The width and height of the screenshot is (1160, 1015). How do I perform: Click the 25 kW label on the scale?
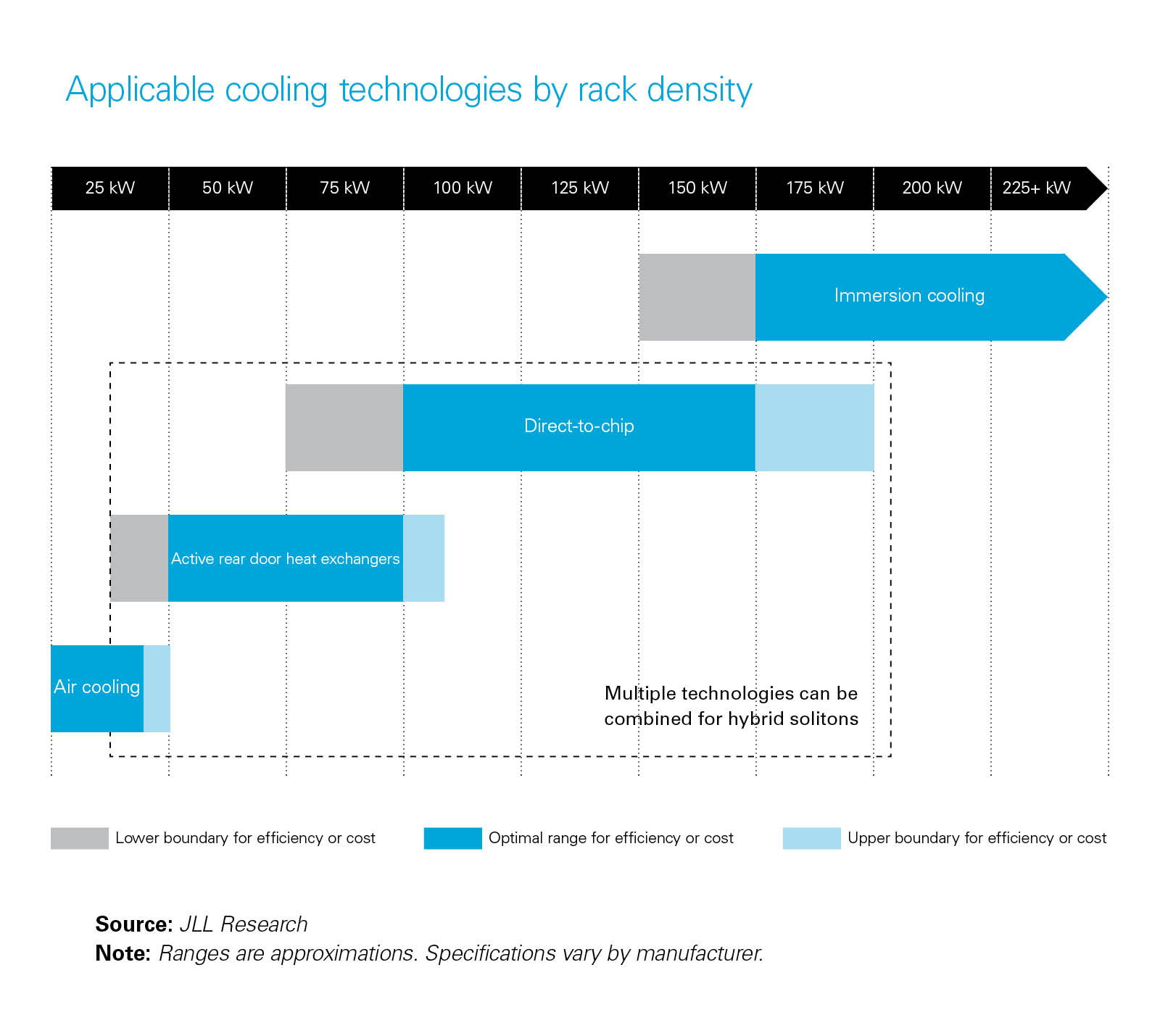pyautogui.click(x=110, y=188)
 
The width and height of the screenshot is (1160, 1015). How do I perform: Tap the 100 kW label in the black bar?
pyautogui.click(x=463, y=188)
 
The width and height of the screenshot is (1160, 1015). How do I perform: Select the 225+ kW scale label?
pyautogui.click(x=1036, y=188)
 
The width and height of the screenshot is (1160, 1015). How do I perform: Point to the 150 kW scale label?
pyautogui.click(x=697, y=188)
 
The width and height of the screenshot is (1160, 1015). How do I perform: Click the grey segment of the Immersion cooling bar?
pyautogui.click(x=697, y=297)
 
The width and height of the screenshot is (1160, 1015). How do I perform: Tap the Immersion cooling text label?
pyautogui.click(x=909, y=296)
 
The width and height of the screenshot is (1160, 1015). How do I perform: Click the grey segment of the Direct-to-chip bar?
pyautogui.click(x=344, y=428)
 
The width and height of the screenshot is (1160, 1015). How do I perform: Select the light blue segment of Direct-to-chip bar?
pyautogui.click(x=814, y=428)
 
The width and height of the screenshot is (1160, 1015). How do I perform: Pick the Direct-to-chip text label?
pyautogui.click(x=579, y=426)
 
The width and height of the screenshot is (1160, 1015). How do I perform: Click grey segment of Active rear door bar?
pyautogui.click(x=139, y=558)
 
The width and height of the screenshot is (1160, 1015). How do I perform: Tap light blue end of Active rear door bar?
pyautogui.click(x=423, y=558)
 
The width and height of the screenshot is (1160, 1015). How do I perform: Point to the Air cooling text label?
pyautogui.click(x=96, y=687)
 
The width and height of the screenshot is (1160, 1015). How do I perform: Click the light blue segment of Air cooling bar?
pyautogui.click(x=157, y=689)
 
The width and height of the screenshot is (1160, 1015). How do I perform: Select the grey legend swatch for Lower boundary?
pyautogui.click(x=79, y=838)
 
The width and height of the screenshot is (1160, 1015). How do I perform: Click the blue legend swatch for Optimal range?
pyautogui.click(x=452, y=838)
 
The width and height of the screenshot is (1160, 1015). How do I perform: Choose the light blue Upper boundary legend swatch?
pyautogui.click(x=811, y=838)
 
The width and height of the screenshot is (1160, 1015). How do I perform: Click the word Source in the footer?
pyautogui.click(x=133, y=924)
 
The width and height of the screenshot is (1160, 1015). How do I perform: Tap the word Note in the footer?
pyautogui.click(x=122, y=953)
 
